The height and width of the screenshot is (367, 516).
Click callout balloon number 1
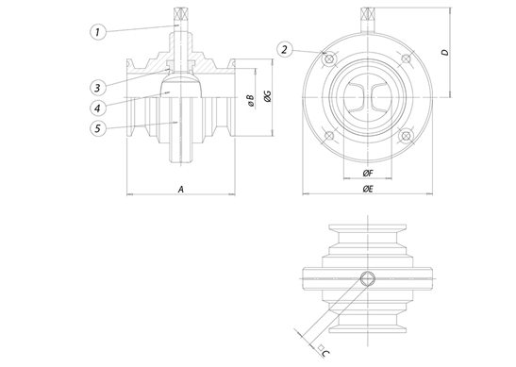(98, 32)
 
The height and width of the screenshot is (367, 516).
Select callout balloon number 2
(284, 49)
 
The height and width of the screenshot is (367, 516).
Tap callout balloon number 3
(98, 88)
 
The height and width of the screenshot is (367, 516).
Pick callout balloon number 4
(98, 108)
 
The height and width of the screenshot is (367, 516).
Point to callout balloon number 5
(98, 128)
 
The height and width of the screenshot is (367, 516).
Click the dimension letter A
(181, 190)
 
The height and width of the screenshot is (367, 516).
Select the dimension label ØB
(250, 100)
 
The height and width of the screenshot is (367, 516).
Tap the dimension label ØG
(268, 95)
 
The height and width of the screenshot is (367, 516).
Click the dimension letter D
(445, 52)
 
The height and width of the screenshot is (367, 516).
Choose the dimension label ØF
(368, 174)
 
